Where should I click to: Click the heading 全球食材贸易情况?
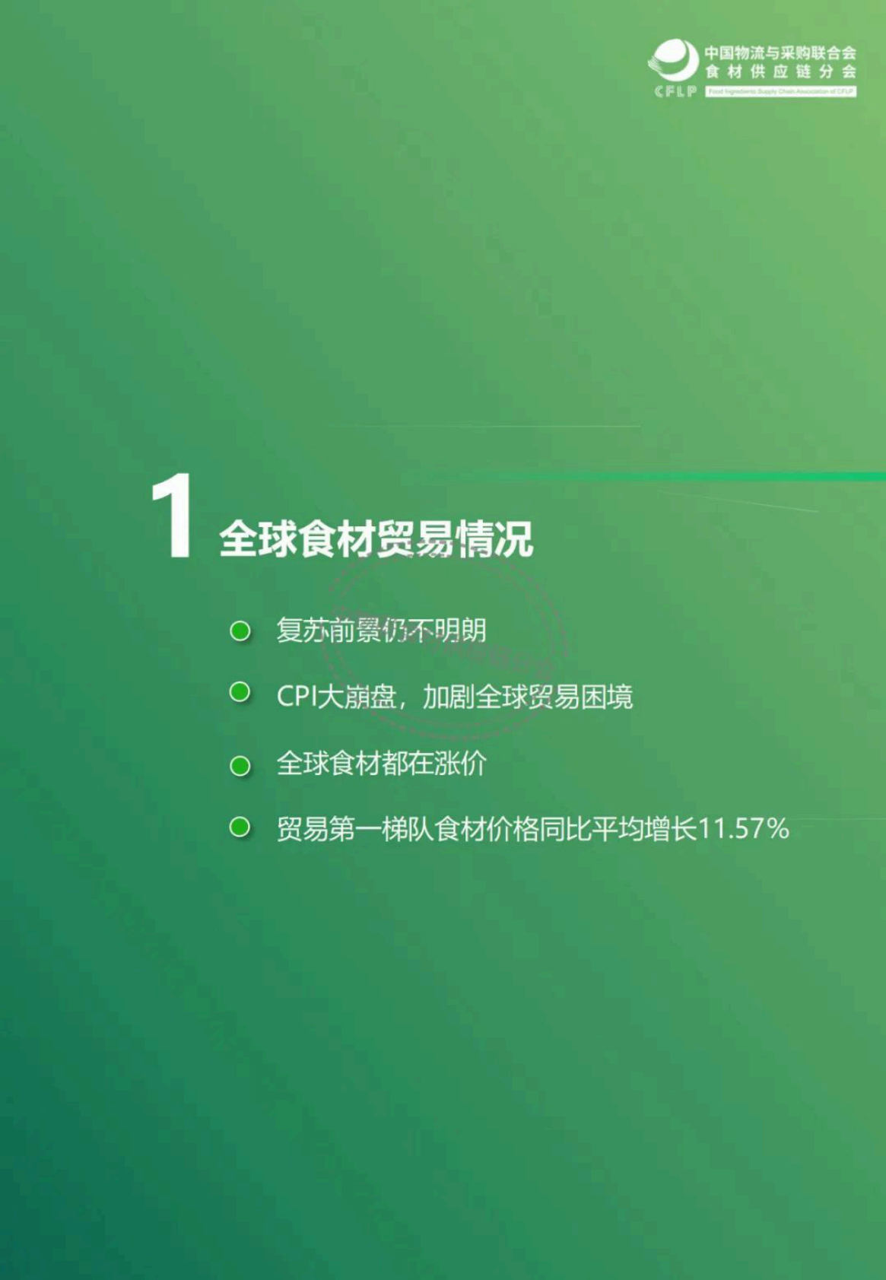[376, 539]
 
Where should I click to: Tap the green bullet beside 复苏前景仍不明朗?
[240, 631]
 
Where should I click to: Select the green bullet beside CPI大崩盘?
[240, 692]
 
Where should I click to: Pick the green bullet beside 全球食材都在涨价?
[240, 765]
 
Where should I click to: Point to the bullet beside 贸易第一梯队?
[240, 827]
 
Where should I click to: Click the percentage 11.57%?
[743, 828]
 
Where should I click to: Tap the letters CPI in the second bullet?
[296, 696]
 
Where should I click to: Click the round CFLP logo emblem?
[673, 60]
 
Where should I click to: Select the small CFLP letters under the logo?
[675, 92]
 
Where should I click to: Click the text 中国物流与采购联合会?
[780, 53]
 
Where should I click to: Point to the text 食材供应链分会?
[780, 72]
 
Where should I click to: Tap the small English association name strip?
[780, 92]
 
